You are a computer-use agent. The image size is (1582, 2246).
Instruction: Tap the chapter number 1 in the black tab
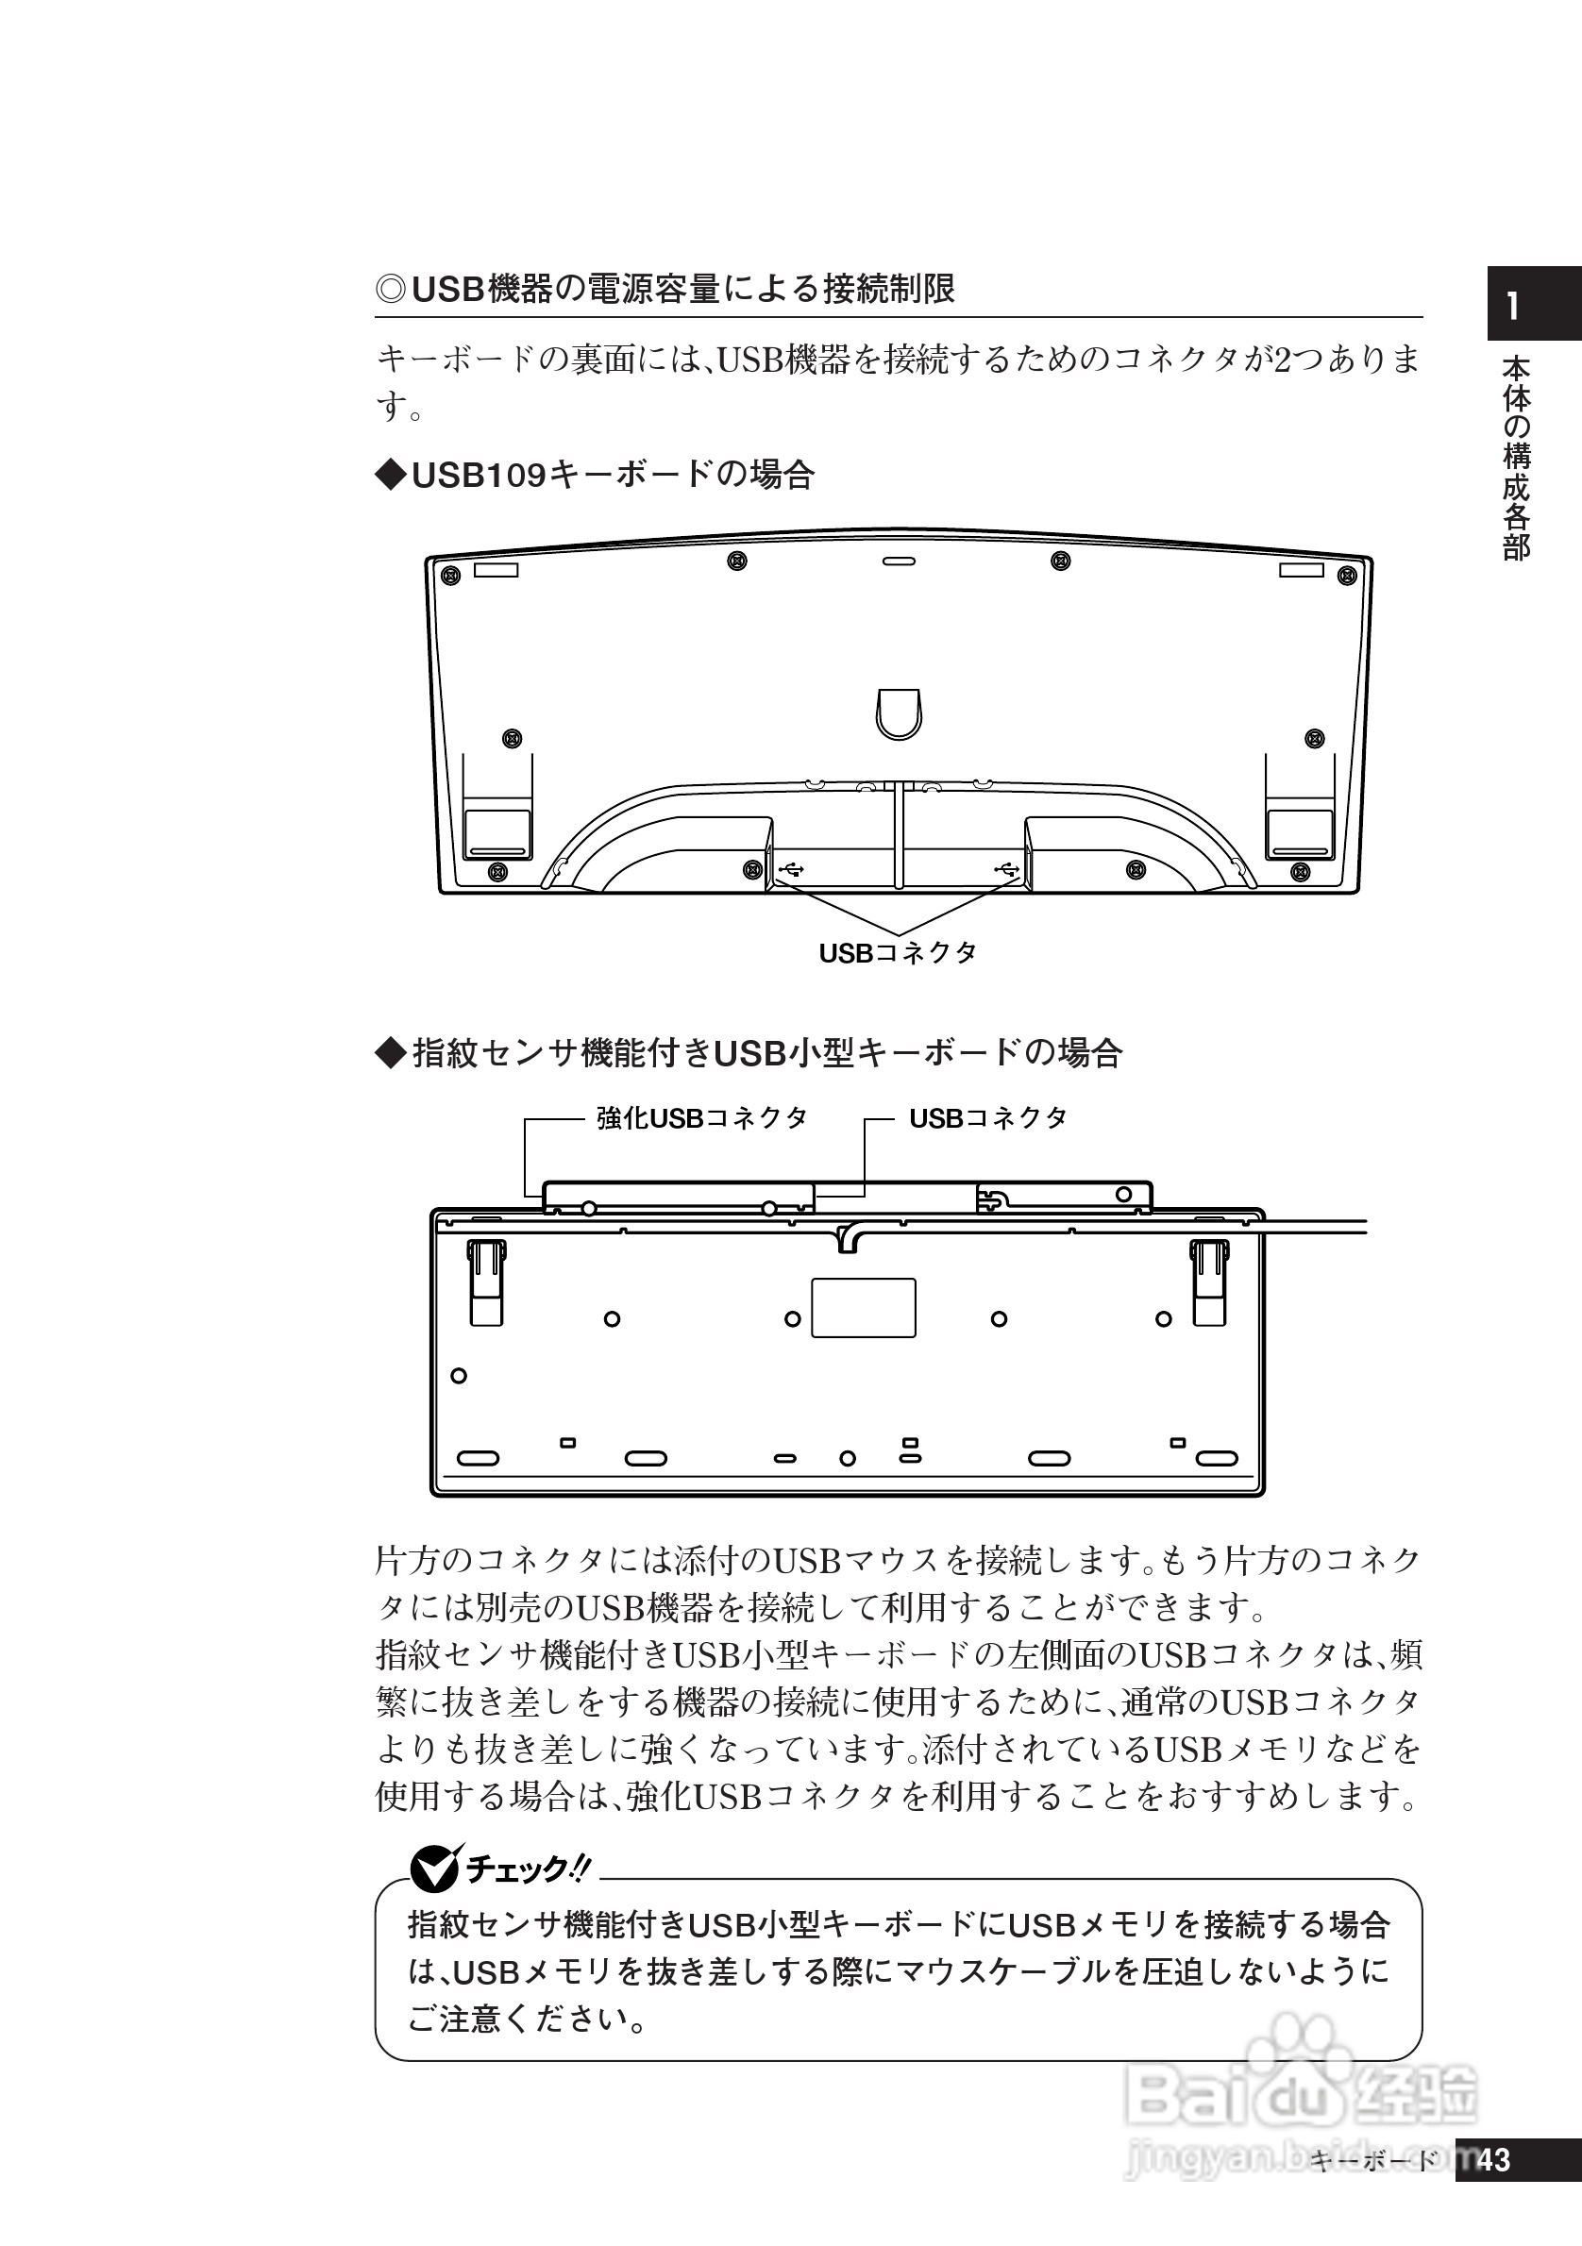pyautogui.click(x=1512, y=307)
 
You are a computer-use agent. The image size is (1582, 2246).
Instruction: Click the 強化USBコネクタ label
pyautogui.click(x=701, y=1118)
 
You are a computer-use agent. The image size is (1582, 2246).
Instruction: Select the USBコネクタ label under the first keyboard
pyautogui.click(x=897, y=953)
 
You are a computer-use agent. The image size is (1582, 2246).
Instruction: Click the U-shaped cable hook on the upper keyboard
pyautogui.click(x=898, y=712)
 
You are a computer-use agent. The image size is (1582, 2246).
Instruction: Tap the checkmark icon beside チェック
pyautogui.click(x=433, y=1869)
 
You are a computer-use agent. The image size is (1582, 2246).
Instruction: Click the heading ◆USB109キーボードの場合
pyautogui.click(x=595, y=476)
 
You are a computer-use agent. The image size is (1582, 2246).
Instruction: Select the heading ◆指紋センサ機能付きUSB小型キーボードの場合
pyautogui.click(x=749, y=1053)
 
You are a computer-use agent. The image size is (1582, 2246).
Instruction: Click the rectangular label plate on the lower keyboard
pyautogui.click(x=863, y=1307)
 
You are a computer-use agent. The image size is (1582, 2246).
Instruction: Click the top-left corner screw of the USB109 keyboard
pyautogui.click(x=451, y=573)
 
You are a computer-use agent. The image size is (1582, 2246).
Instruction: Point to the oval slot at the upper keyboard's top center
pyautogui.click(x=898, y=561)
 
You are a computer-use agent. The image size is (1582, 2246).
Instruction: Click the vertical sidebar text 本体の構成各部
pyautogui.click(x=1516, y=458)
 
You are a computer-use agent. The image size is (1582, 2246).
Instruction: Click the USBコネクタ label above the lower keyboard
pyautogui.click(x=987, y=1118)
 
